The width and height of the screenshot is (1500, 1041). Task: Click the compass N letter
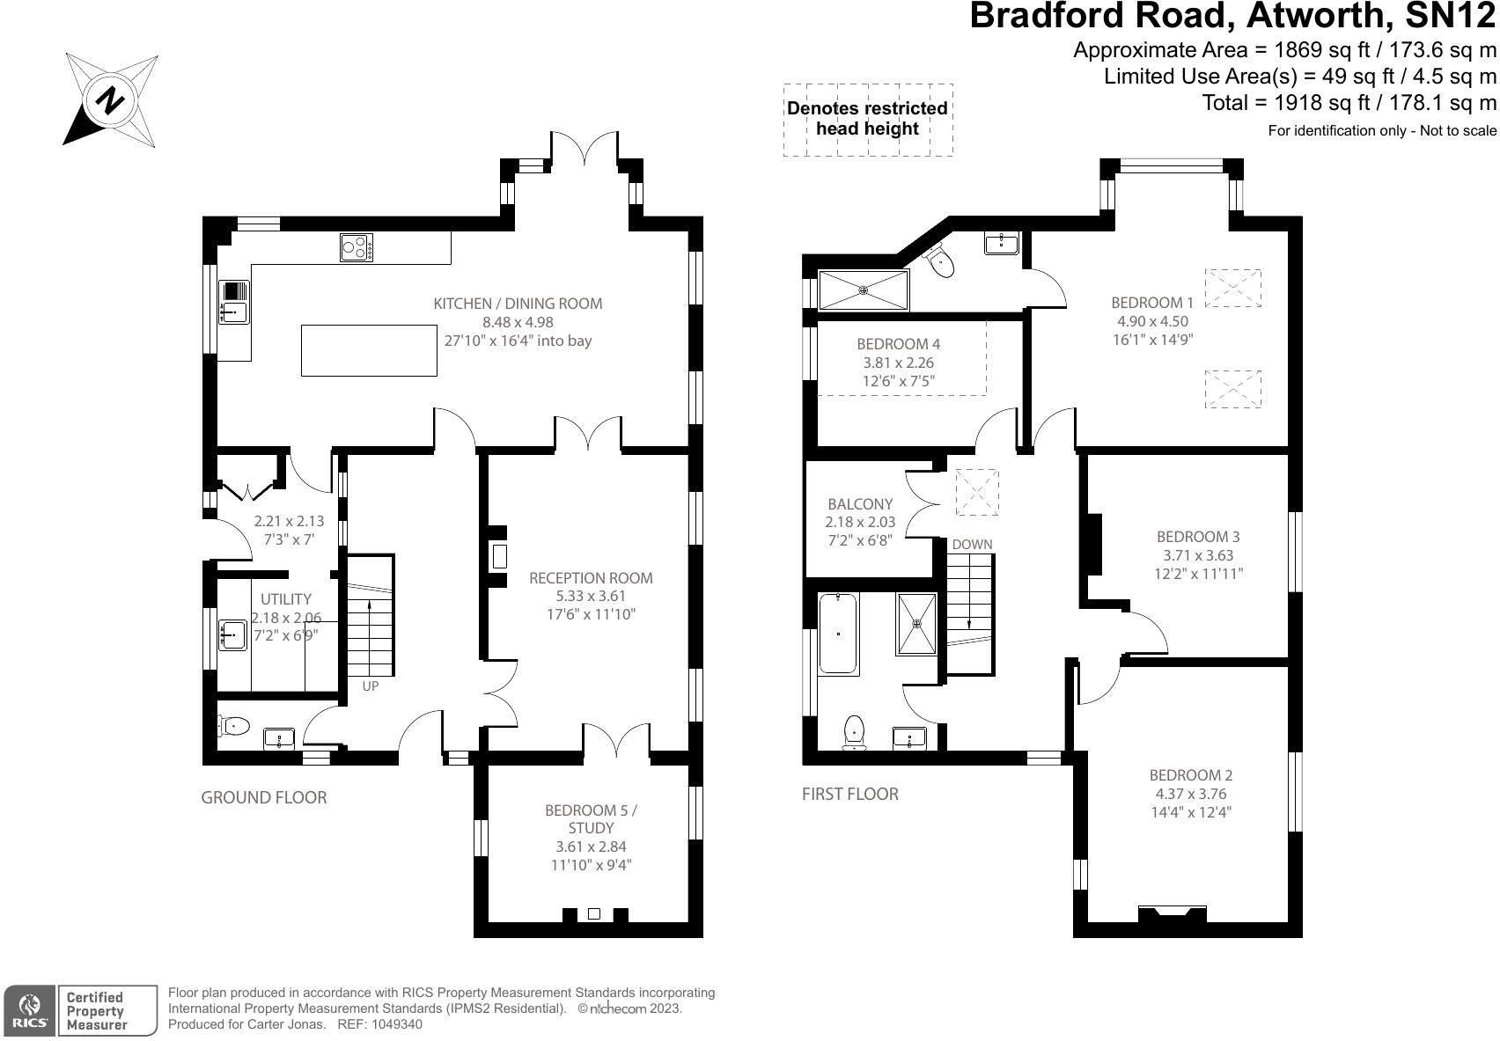[x=110, y=100]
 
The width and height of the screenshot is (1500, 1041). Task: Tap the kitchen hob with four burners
[x=357, y=247]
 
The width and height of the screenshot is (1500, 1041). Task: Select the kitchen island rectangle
[x=369, y=350]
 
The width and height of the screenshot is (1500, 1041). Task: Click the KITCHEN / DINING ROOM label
[x=518, y=304]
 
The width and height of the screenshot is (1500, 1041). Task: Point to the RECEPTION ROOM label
[x=591, y=578]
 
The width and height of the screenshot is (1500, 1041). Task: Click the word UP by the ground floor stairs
[x=371, y=686]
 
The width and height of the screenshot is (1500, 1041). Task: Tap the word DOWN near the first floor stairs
[x=973, y=545]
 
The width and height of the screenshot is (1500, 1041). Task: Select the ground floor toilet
[x=233, y=725]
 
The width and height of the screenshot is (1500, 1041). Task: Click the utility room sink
[x=232, y=634]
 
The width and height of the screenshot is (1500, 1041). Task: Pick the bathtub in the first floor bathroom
[x=838, y=634]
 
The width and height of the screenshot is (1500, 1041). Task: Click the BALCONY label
[x=860, y=504]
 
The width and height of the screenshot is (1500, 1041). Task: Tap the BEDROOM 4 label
[x=898, y=344]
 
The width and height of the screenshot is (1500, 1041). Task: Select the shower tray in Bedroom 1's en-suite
[x=864, y=290]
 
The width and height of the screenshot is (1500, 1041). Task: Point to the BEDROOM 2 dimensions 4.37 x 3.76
[x=1191, y=794]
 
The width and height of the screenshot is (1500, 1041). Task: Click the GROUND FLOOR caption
[x=264, y=797]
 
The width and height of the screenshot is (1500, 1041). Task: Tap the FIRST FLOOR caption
[x=849, y=794]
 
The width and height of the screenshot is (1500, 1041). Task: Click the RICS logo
[x=29, y=1011]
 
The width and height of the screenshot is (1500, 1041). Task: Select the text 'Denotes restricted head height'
[x=867, y=118]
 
